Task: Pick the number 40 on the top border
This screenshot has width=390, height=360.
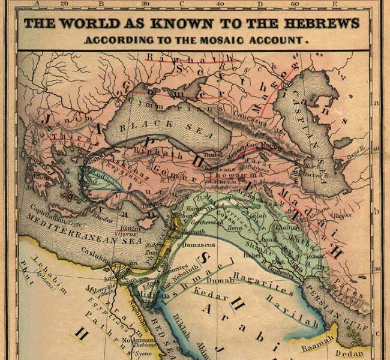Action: point(220,4)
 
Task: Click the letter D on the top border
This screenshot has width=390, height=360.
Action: point(259,4)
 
